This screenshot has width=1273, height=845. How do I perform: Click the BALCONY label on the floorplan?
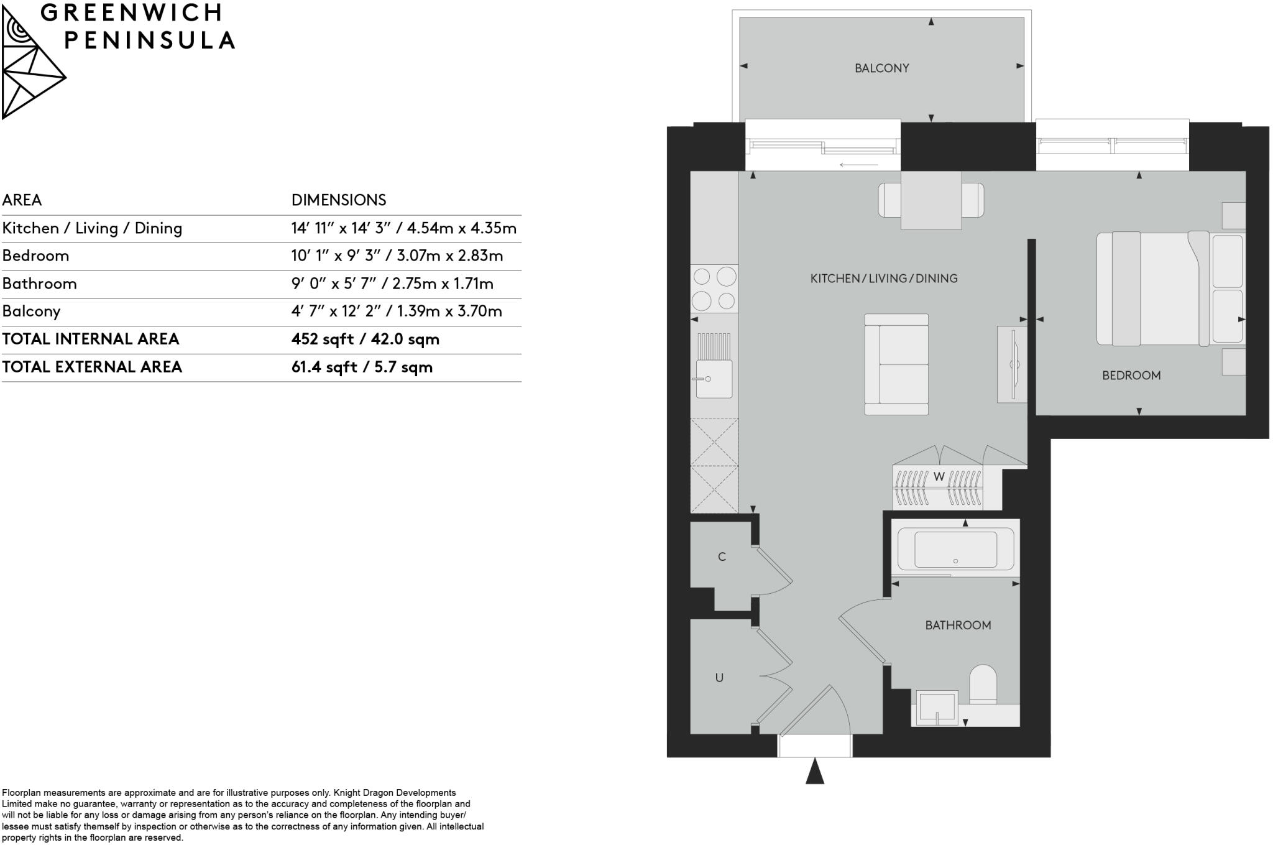[881, 68]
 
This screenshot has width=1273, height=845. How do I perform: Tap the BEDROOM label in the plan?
[1131, 376]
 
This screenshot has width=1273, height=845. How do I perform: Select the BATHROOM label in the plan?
[958, 626]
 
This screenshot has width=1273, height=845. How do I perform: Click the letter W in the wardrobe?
[939, 477]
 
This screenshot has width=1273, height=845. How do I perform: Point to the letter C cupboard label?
[722, 557]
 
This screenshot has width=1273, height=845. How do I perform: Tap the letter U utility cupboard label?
[719, 678]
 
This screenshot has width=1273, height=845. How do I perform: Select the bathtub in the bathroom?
[955, 549]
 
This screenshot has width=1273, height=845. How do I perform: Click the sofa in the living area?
[897, 364]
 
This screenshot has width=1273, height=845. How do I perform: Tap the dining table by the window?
[931, 200]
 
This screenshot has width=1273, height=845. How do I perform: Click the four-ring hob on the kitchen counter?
[714, 289]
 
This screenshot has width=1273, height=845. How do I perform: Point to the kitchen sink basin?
[714, 379]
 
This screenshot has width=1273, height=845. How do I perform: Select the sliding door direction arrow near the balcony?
[858, 165]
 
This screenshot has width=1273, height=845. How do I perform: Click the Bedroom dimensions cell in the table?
[397, 256]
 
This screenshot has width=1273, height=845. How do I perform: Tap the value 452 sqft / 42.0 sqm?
[365, 339]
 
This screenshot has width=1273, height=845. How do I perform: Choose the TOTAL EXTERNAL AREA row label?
[92, 367]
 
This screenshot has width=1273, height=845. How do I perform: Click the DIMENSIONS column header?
[339, 200]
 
